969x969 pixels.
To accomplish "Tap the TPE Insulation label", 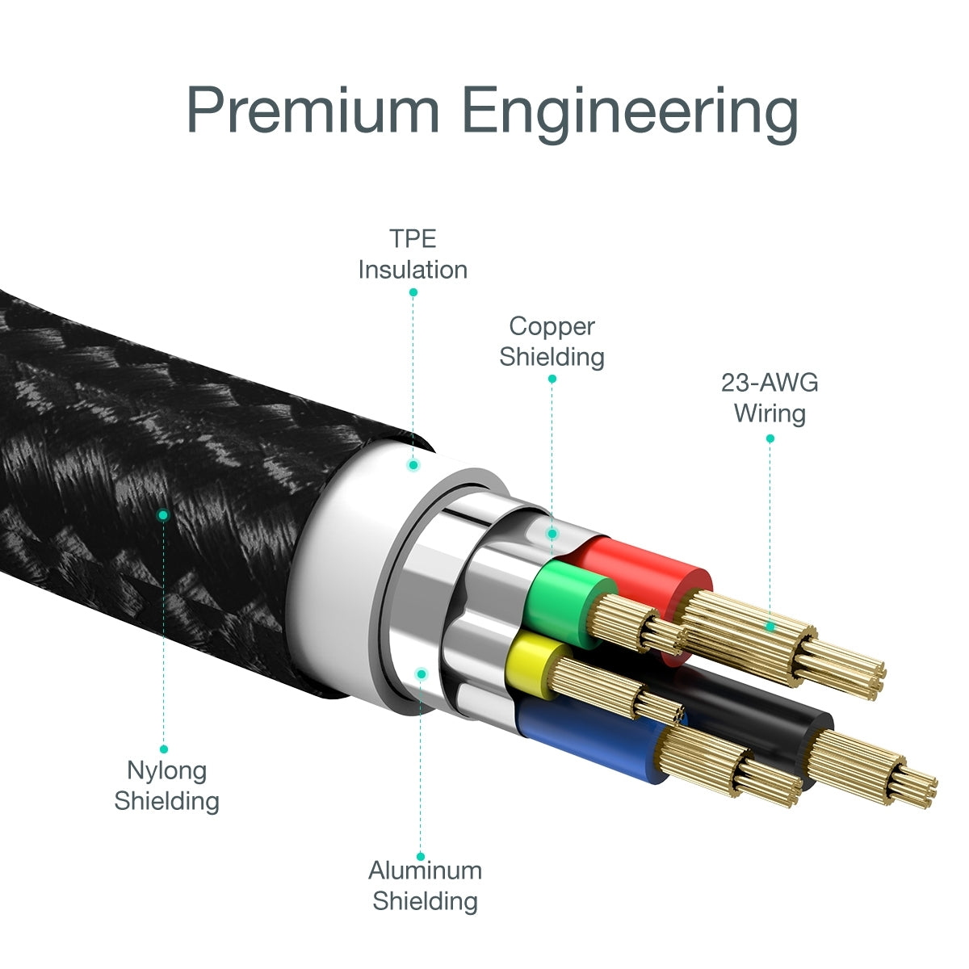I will [413, 254].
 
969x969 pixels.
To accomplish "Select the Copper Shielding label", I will [552, 341].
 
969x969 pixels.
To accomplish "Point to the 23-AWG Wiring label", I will [770, 397].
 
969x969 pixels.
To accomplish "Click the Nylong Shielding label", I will [166, 785].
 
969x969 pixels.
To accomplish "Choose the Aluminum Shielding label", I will [425, 885].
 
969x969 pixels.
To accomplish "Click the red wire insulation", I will [646, 573].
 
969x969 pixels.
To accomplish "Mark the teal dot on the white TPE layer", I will [413, 465].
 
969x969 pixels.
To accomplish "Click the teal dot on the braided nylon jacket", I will [163, 514].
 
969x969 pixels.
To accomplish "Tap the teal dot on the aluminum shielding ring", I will [421, 673].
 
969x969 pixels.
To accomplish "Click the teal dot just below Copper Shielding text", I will [552, 379].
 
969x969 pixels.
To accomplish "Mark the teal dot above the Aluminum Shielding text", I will [421, 856].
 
